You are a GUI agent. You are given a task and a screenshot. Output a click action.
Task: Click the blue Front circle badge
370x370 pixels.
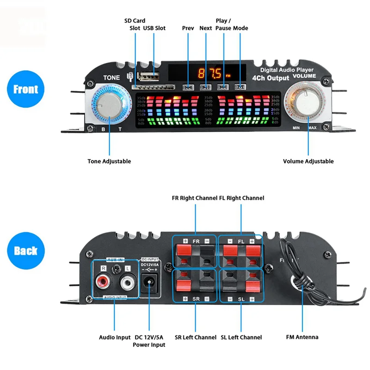point(26,89)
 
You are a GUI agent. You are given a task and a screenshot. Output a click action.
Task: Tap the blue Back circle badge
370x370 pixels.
point(26,251)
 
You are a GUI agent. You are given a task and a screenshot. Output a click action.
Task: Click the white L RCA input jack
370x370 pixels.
point(127,281)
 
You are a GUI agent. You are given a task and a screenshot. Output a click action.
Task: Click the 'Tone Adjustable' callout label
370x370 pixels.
point(109,161)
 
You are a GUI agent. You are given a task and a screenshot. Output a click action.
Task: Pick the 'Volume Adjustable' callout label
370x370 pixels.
point(308,161)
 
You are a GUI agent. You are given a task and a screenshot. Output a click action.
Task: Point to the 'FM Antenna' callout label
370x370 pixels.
point(302,337)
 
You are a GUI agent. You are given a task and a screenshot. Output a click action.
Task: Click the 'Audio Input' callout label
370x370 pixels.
point(115,337)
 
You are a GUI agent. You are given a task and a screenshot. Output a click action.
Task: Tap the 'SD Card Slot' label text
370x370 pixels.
point(135,24)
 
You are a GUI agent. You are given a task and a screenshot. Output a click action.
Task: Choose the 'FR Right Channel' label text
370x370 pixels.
point(195,198)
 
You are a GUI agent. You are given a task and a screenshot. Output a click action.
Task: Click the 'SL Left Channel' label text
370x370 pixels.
point(241,337)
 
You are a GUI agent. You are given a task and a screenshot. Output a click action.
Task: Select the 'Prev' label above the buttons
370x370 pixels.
point(188,28)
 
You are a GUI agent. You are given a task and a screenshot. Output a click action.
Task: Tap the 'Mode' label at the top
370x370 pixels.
point(240,28)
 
